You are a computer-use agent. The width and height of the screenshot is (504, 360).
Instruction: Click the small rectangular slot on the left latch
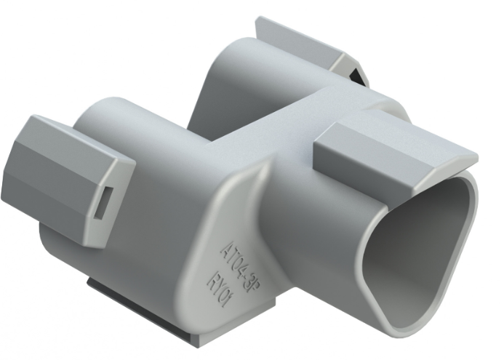pos(103,202)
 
